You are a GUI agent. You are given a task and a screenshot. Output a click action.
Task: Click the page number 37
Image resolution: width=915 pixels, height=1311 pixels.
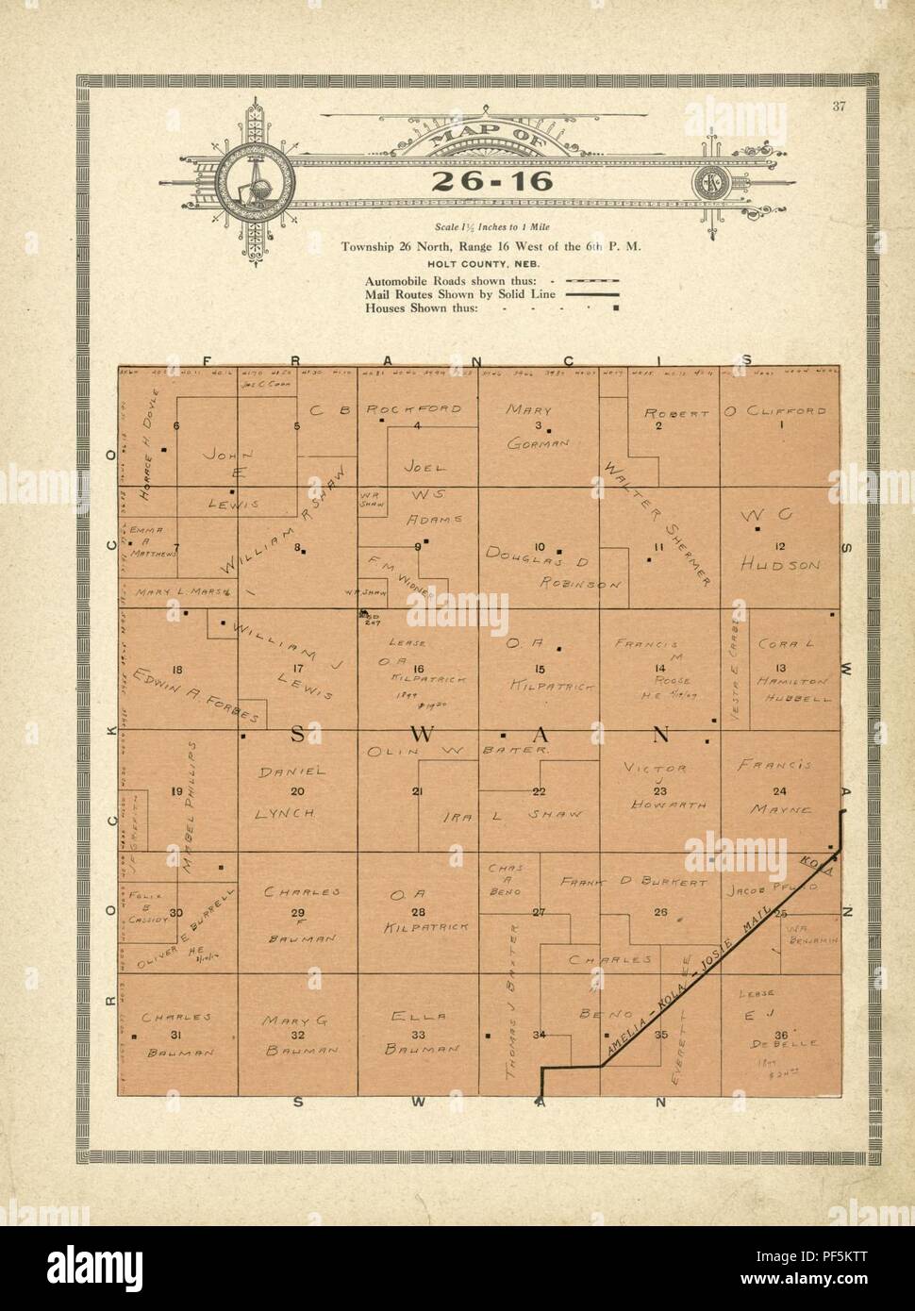[839, 106]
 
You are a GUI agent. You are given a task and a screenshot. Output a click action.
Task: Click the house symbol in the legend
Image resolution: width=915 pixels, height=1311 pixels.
[616, 307]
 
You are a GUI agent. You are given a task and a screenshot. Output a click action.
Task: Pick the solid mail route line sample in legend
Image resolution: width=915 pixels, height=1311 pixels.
[591, 294]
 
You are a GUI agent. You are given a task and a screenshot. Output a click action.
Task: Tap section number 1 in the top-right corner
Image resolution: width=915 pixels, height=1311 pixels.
[781, 425]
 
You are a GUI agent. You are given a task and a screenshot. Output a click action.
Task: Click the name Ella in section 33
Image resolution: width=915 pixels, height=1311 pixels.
[416, 1017]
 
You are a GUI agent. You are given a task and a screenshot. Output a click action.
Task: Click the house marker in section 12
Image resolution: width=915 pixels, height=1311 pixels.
[757, 530]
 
